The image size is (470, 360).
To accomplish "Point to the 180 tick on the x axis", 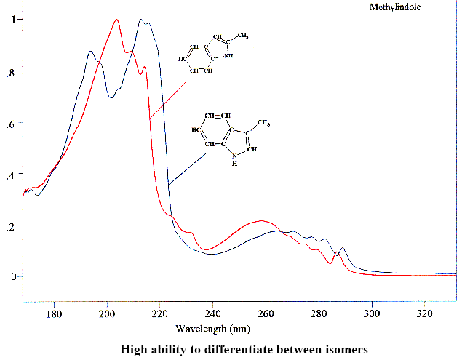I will click(x=54, y=315).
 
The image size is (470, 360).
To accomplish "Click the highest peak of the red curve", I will click(x=116, y=20).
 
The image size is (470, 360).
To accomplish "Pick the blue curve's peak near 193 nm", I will click(x=90, y=52).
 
